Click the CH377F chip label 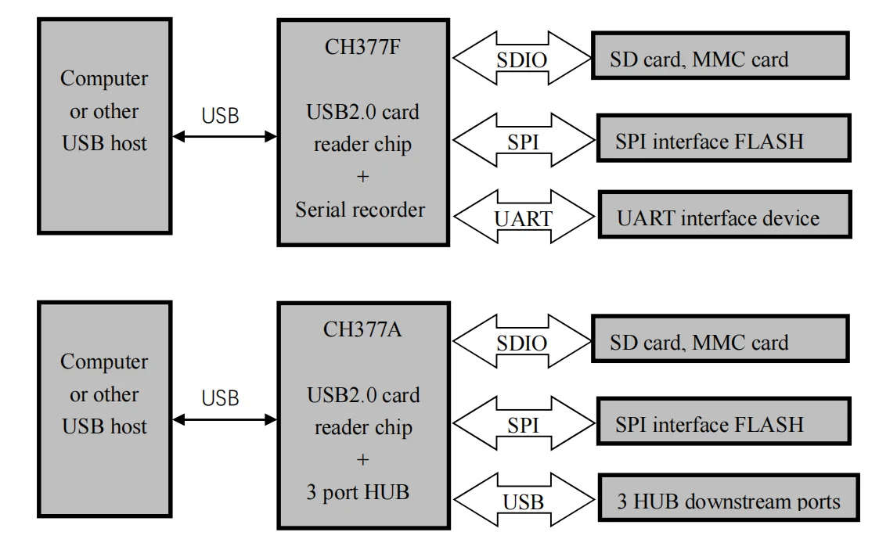[x=362, y=46]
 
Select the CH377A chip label [x=362, y=329]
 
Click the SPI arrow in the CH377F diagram [x=522, y=141]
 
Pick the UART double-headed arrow [x=522, y=217]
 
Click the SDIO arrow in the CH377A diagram [x=522, y=343]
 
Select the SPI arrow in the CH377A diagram [x=522, y=424]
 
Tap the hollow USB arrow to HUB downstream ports [x=522, y=501]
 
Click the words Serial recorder [x=360, y=210]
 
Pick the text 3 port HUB [x=358, y=493]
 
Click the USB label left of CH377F [x=220, y=116]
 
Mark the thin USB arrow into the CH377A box [x=224, y=420]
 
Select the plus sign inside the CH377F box [x=362, y=177]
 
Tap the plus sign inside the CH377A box [x=362, y=460]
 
